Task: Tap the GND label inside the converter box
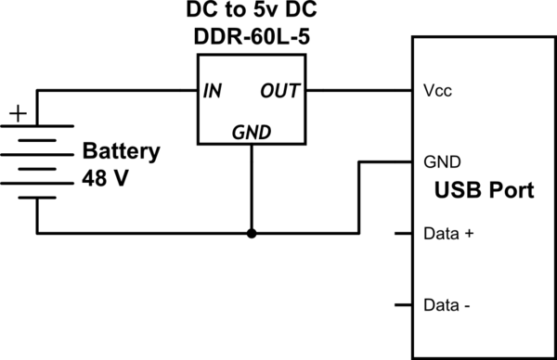pos(251,133)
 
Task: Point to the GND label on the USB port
pos(440,160)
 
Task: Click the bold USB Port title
pos(484,193)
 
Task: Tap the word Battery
pos(121,151)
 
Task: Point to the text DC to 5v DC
pos(251,14)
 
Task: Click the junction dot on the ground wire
pos(251,233)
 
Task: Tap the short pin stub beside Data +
pos(403,233)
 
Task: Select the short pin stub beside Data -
pos(403,304)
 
